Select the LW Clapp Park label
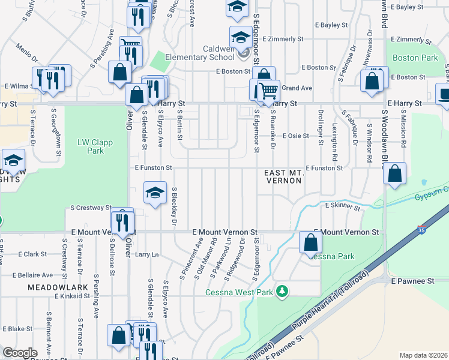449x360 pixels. point(91,146)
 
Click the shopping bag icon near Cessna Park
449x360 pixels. point(311,242)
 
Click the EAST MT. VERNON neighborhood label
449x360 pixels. point(283,176)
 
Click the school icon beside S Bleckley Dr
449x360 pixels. point(155,193)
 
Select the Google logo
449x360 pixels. point(20,353)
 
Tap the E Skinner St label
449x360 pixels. point(342,206)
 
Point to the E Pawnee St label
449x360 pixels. point(412,281)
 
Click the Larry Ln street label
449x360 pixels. point(146,255)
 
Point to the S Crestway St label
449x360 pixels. point(91,208)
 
